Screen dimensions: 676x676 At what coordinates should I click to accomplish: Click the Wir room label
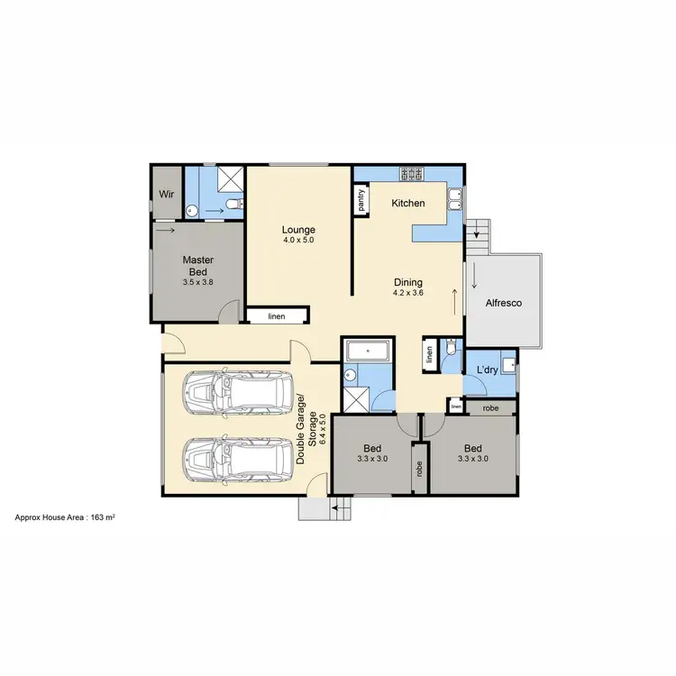[167, 194]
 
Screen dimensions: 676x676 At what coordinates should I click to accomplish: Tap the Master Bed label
[198, 265]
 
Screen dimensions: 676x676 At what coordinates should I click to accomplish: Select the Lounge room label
[298, 230]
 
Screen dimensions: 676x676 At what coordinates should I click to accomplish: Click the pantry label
[361, 199]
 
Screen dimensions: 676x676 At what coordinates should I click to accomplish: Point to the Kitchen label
[407, 204]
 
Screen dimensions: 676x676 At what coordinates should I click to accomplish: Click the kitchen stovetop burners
[411, 173]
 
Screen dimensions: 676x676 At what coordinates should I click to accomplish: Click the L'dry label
[488, 371]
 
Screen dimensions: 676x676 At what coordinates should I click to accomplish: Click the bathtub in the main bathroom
[368, 350]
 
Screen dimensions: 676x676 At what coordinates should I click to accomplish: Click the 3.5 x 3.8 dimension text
[197, 282]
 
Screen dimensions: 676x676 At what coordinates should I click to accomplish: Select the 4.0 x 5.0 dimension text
[298, 241]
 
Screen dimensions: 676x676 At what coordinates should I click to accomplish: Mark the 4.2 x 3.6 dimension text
[407, 292]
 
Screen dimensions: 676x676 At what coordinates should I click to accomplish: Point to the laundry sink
[508, 364]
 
